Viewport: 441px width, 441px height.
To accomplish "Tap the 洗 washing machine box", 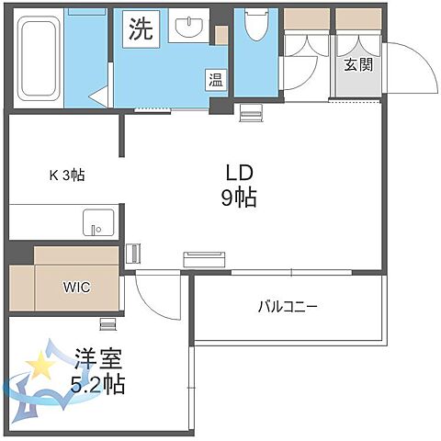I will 141,29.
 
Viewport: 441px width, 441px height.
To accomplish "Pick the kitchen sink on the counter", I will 97,222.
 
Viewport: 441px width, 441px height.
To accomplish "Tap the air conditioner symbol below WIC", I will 108,322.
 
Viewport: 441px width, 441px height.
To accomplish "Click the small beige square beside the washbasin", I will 220,34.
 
